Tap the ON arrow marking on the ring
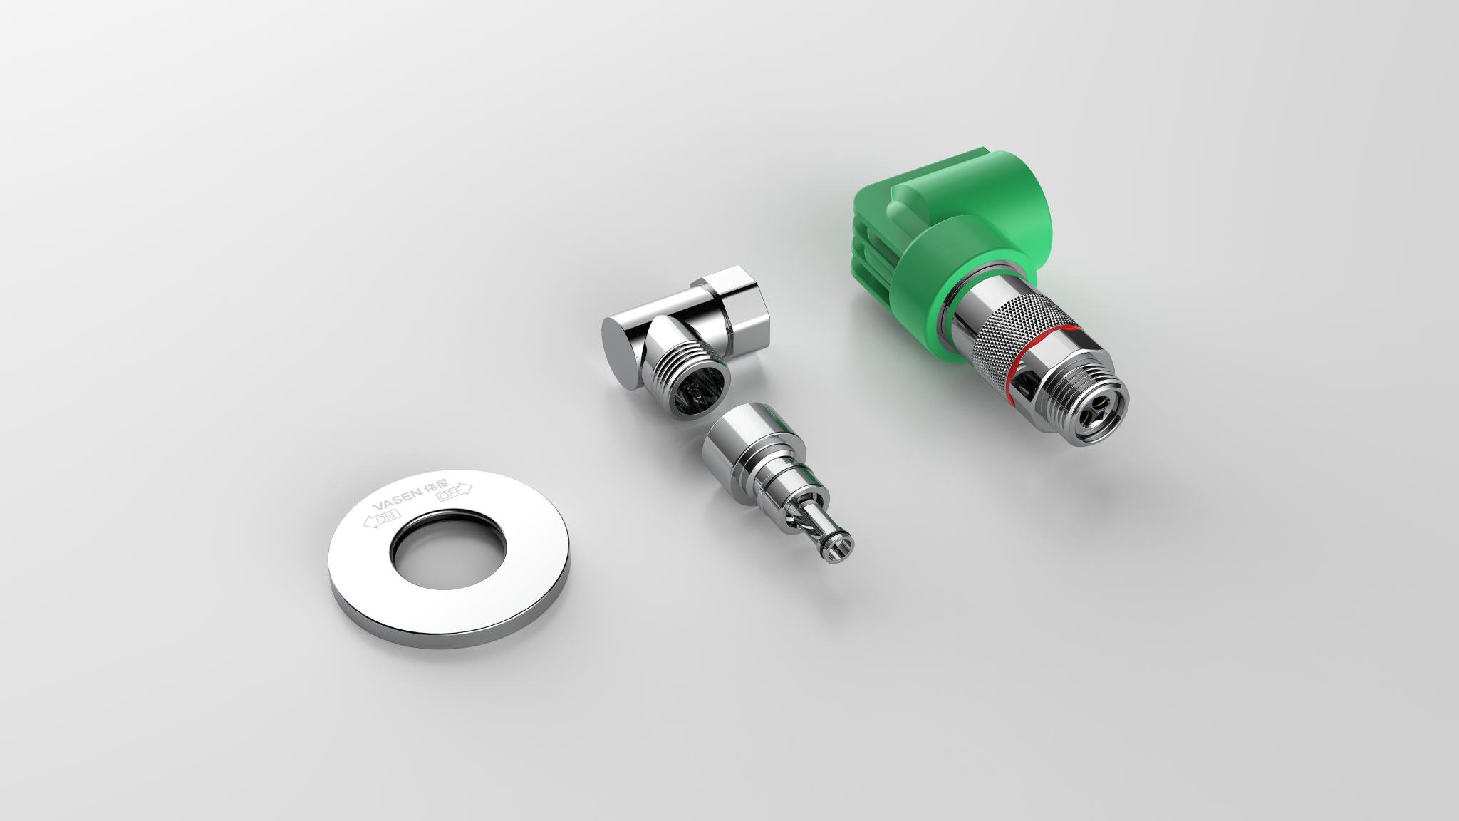pos(383,520)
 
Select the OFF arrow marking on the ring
pos(453,492)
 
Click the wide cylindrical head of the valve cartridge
pos(741,449)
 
